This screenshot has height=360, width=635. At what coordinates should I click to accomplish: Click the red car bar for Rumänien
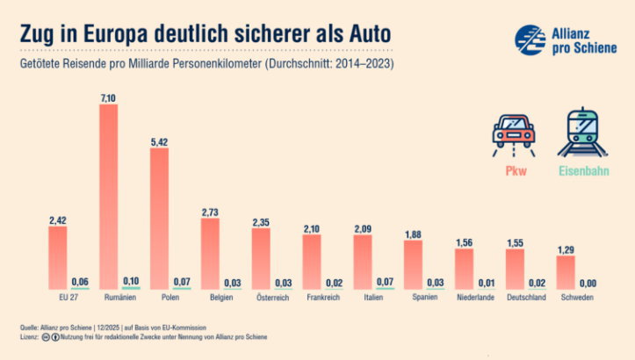point(108,198)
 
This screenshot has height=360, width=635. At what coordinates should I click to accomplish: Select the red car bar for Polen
point(159,219)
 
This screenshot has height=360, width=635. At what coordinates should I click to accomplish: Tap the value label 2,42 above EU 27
point(58,219)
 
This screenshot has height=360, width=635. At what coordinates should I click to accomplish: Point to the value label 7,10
point(108,98)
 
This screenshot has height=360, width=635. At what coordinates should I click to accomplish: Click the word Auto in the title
point(365,34)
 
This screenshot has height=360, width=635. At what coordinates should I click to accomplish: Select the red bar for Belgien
point(210,254)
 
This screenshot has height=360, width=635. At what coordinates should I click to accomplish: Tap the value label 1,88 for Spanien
point(413,234)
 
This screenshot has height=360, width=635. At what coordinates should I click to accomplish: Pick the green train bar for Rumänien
point(131,288)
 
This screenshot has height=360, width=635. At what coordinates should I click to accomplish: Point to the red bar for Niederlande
point(464,269)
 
